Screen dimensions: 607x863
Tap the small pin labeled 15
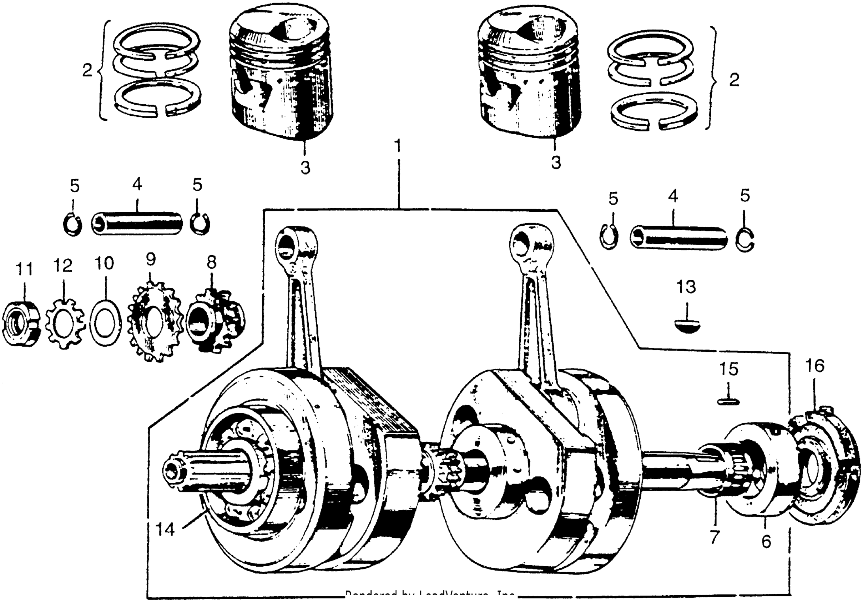[728, 402]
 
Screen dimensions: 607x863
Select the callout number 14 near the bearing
[165, 530]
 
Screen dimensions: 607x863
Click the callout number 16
[815, 366]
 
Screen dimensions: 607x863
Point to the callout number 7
[714, 536]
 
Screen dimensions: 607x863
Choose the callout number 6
[766, 541]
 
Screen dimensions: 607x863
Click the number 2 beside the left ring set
[87, 70]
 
